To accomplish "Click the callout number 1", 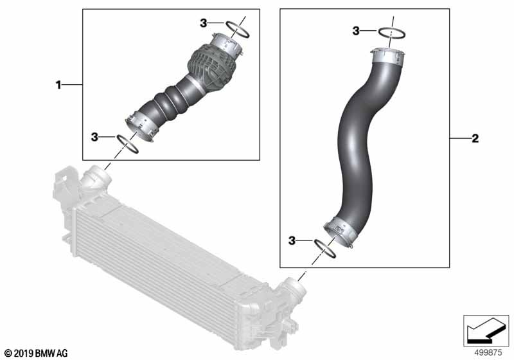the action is pos(58,85).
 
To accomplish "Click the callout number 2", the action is pos(475,138).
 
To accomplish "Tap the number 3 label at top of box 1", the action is pos(204,23).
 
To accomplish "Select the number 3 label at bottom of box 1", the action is pos(94,137).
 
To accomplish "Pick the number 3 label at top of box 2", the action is pos(356,31).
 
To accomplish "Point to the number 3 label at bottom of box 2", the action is pos(292,240).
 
